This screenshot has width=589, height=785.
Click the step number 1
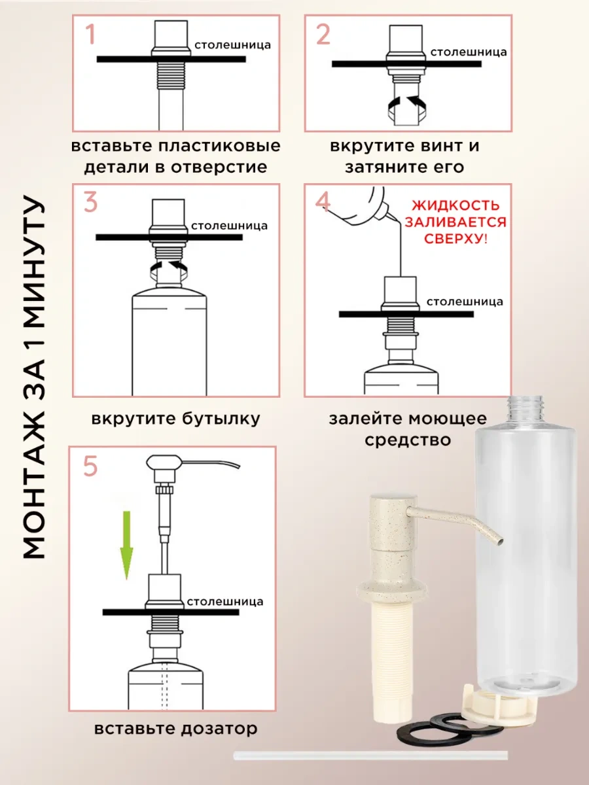(x=90, y=34)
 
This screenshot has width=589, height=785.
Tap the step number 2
(x=323, y=34)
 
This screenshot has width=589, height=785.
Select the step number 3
(x=90, y=203)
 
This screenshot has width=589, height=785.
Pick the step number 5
(x=90, y=467)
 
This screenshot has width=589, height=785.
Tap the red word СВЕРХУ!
(x=454, y=239)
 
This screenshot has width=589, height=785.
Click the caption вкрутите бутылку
(x=175, y=419)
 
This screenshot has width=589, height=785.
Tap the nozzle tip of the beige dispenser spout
(x=500, y=540)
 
